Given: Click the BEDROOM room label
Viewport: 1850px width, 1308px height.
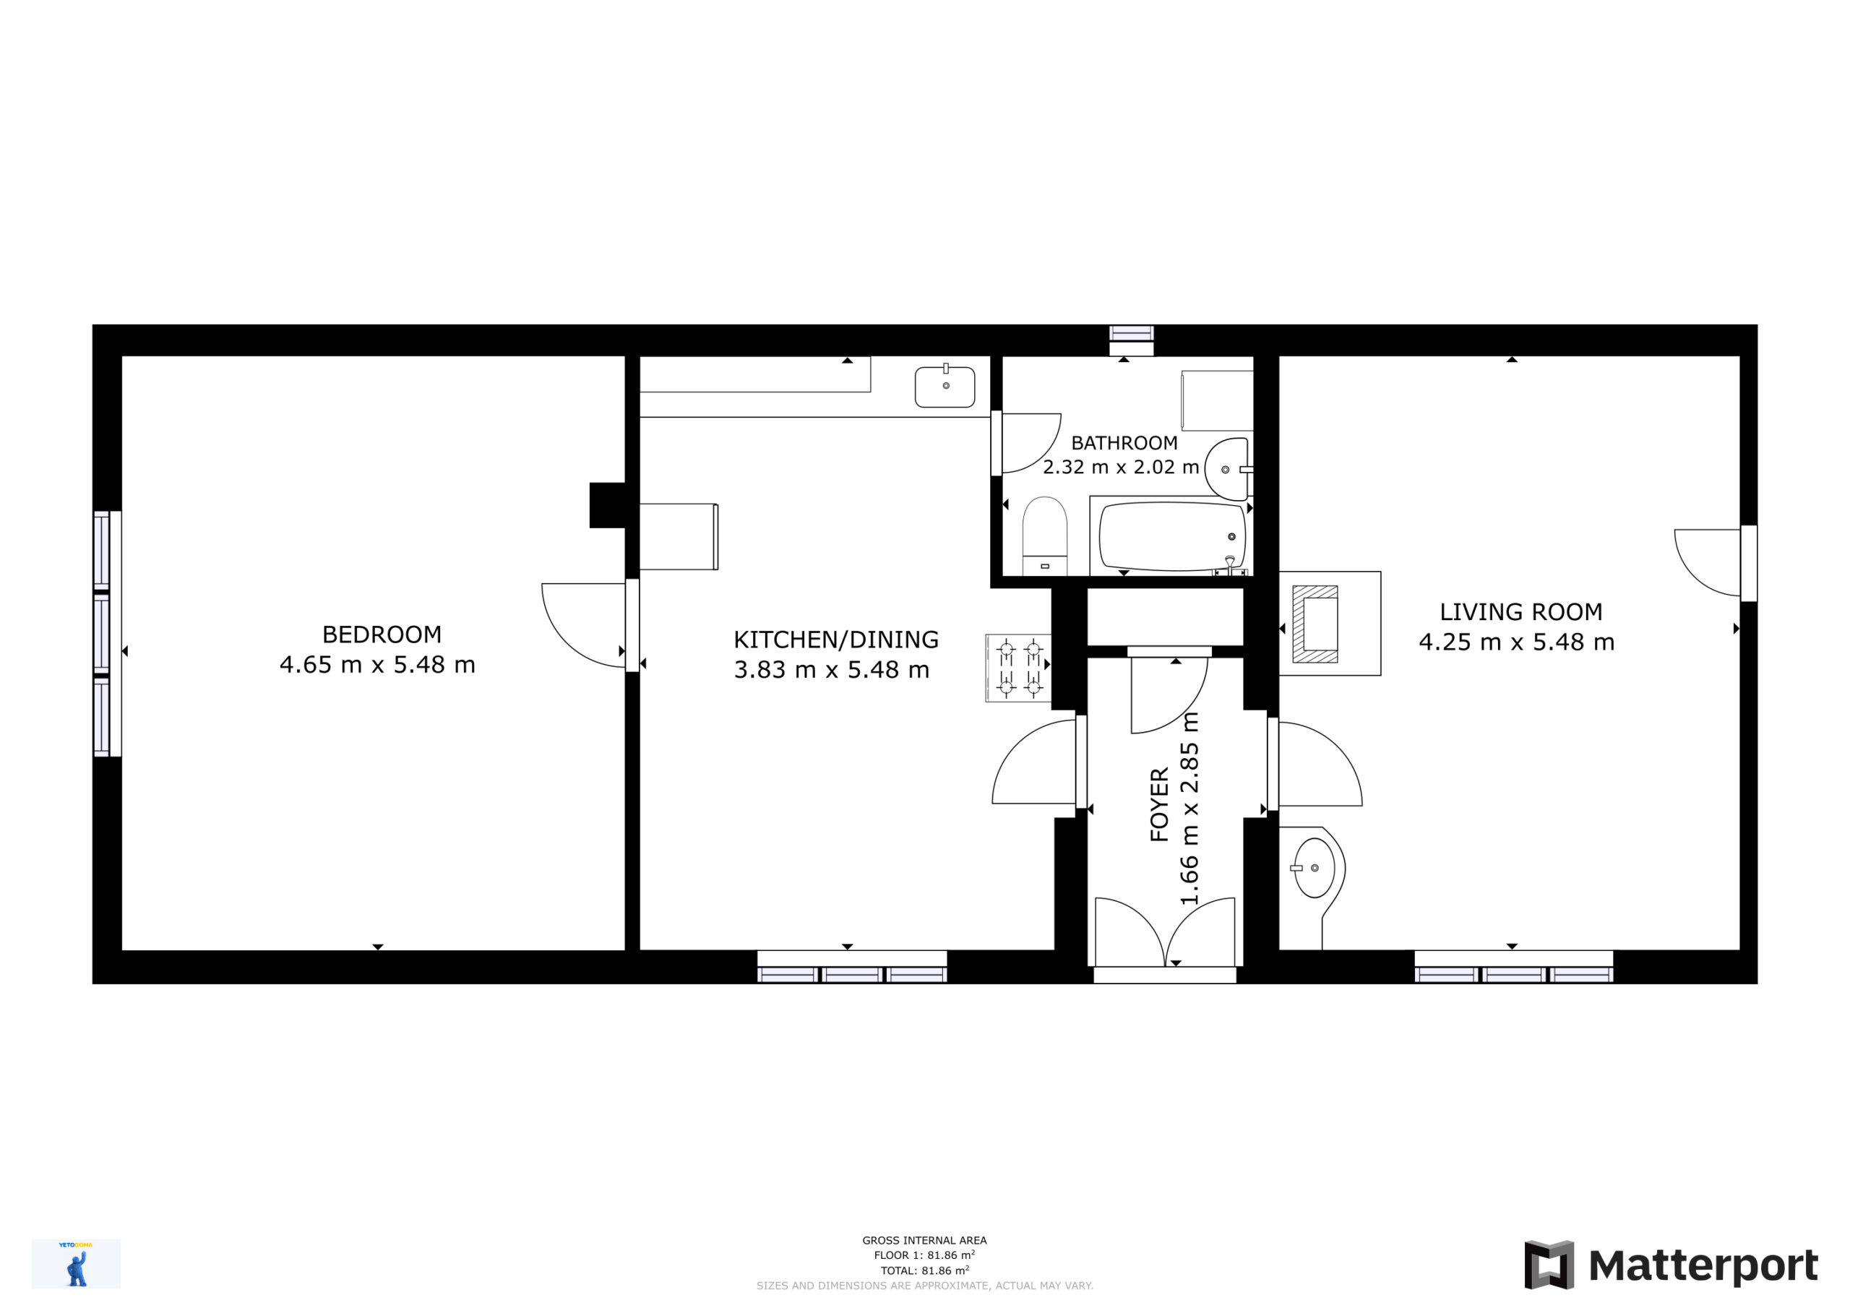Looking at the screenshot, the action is (x=382, y=634).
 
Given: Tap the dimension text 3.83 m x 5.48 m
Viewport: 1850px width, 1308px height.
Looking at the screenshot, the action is (x=832, y=670).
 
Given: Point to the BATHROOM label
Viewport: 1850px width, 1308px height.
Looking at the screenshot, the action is (x=1124, y=443).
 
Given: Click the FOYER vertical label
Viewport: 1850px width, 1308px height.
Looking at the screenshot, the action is (x=1159, y=805).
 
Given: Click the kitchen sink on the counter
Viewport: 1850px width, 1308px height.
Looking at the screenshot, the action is (x=945, y=387).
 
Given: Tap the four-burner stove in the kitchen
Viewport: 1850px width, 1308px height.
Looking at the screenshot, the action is (x=1018, y=668).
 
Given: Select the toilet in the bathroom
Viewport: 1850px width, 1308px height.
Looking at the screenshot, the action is (x=1045, y=536).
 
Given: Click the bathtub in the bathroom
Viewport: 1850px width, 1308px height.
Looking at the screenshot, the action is (x=1171, y=537).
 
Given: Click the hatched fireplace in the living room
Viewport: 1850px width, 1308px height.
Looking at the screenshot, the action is (x=1315, y=624).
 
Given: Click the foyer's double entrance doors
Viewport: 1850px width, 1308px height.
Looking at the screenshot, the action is (x=1164, y=932).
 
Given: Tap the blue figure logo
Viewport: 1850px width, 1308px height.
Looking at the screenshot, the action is (x=77, y=1265).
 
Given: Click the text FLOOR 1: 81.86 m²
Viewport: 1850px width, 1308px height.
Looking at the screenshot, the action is (x=924, y=1255).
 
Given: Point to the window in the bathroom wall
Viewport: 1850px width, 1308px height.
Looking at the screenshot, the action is (x=1131, y=340).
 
